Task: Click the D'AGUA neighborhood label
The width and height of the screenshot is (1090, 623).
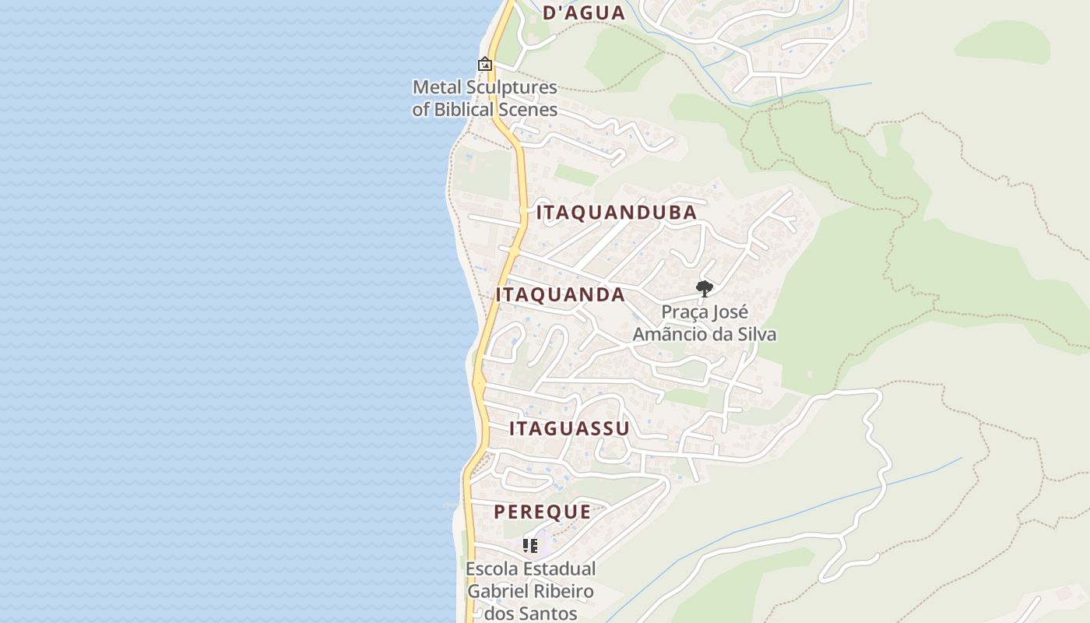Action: coord(583,12)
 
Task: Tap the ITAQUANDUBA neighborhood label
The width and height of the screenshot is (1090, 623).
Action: coord(616,213)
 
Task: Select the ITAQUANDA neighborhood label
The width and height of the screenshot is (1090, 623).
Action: coord(560,294)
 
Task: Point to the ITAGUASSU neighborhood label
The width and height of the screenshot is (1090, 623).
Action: coord(569,429)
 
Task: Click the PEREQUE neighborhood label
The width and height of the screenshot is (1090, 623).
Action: coord(542,512)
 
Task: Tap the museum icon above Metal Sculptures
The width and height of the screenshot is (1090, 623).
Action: coord(485,64)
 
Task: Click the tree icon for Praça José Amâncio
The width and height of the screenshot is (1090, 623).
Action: coord(704,289)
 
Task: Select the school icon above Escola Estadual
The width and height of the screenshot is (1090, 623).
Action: coord(530,546)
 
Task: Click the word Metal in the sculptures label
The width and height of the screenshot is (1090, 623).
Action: coord(438,87)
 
